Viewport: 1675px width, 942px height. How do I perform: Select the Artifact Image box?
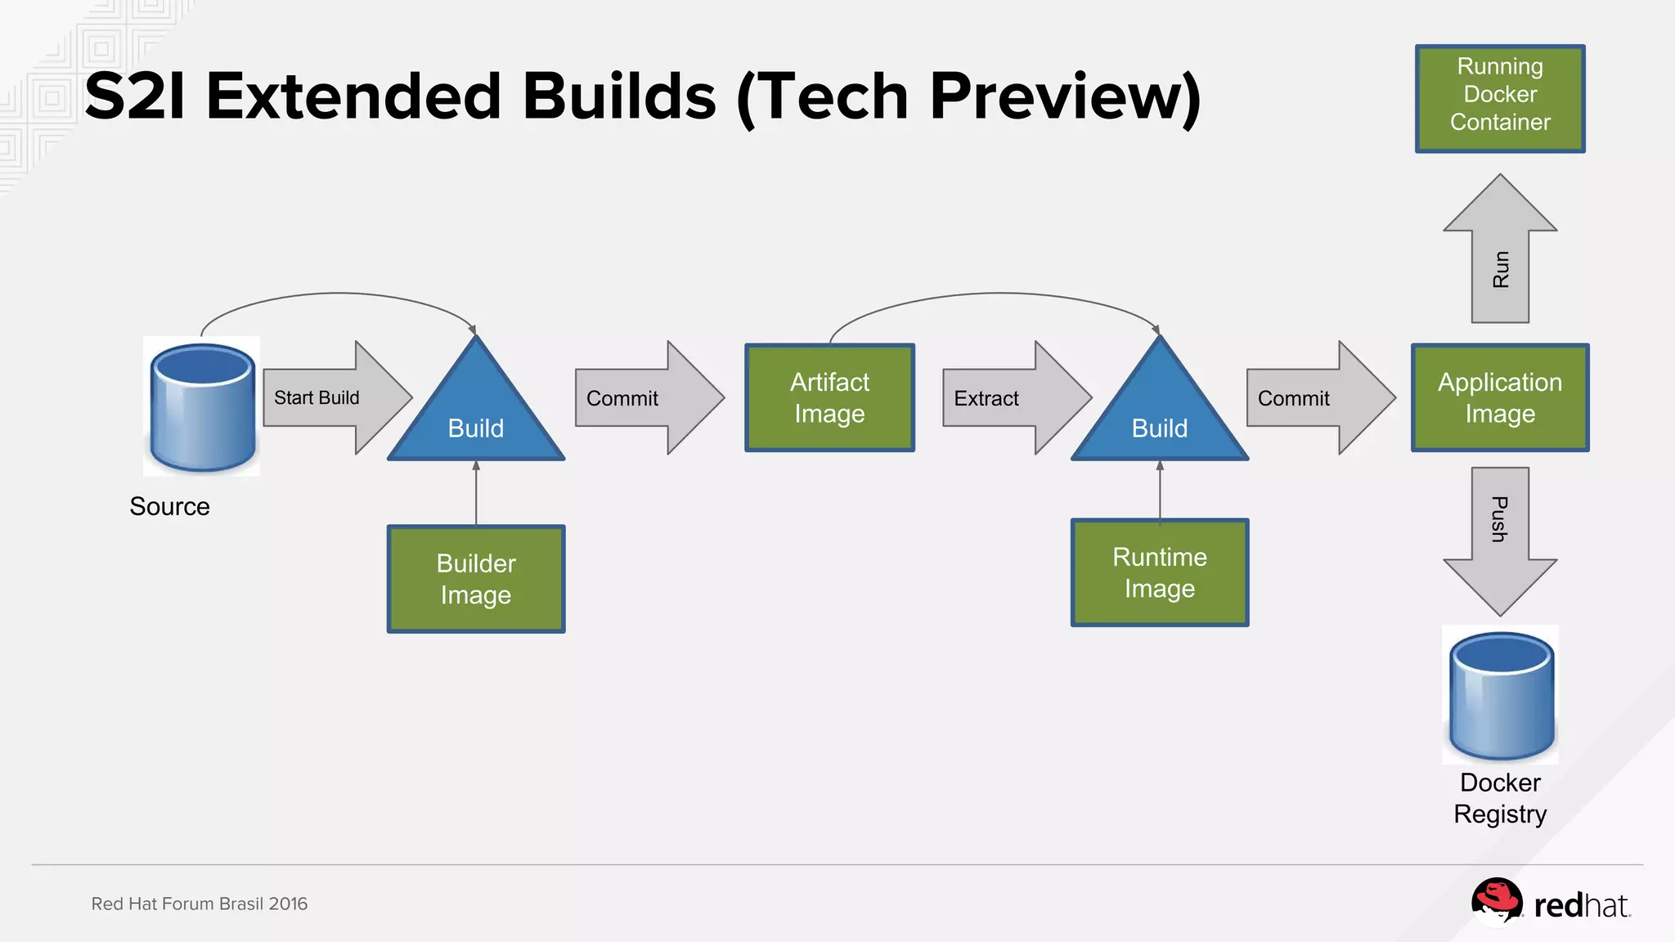click(829, 398)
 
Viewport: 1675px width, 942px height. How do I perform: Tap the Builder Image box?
click(476, 579)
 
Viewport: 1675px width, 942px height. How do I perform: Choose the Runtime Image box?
click(1159, 572)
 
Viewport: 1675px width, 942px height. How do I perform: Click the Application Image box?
click(1499, 398)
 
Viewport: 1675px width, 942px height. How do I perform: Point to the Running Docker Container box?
click(1499, 98)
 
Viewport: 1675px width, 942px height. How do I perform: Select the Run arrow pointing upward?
click(1499, 253)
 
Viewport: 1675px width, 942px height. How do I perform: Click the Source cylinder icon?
click(202, 406)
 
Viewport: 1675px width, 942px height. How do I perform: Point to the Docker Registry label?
click(1500, 798)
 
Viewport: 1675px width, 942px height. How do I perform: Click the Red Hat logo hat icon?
click(1496, 901)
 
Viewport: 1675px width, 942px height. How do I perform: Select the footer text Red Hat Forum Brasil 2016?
click(200, 904)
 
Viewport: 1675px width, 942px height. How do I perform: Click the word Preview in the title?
click(1063, 96)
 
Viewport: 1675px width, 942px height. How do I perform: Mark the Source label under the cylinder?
click(169, 506)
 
